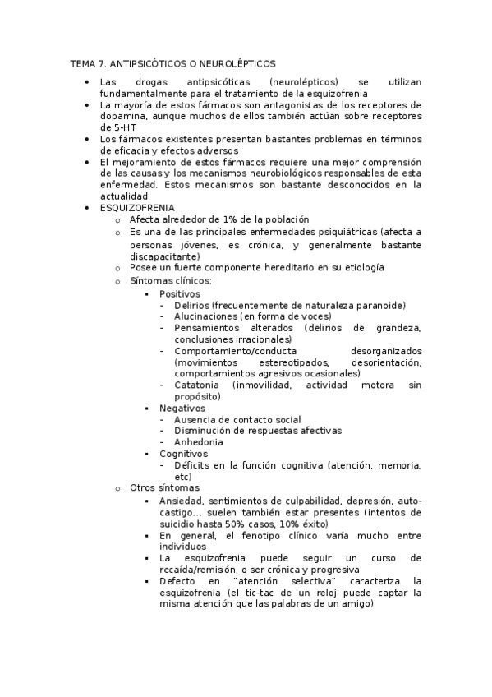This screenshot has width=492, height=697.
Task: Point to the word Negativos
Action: click(x=182, y=408)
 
